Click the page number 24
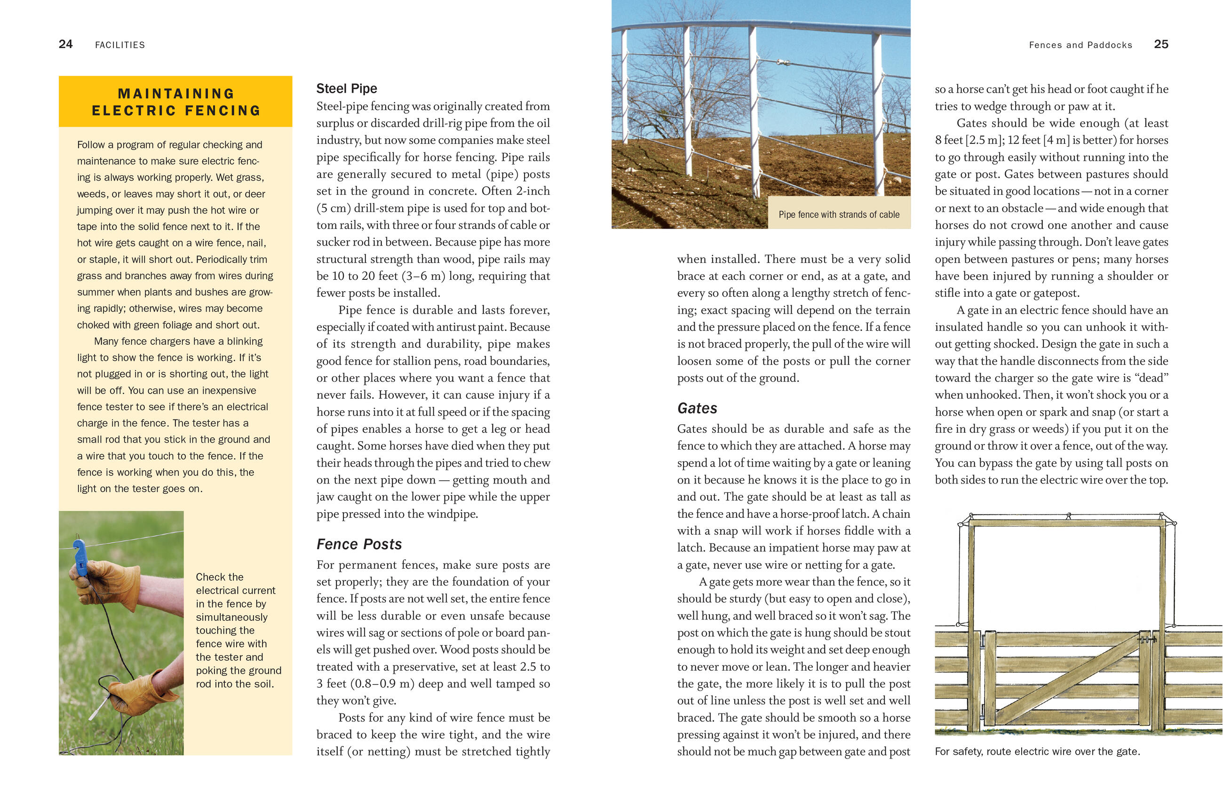click(x=65, y=44)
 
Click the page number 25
click(x=1160, y=44)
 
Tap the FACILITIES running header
click(x=120, y=45)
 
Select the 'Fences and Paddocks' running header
click(x=1080, y=45)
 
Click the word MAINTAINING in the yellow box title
click(x=176, y=94)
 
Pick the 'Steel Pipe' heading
click(x=346, y=88)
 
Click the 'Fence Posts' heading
click(x=359, y=544)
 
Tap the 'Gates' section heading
click(x=697, y=408)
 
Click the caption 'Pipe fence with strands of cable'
click(x=839, y=214)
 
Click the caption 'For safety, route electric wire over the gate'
click(x=1037, y=751)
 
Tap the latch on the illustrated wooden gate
click(x=1147, y=640)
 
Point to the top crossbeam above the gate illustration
click(x=1067, y=522)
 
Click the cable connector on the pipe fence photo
click(x=784, y=63)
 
